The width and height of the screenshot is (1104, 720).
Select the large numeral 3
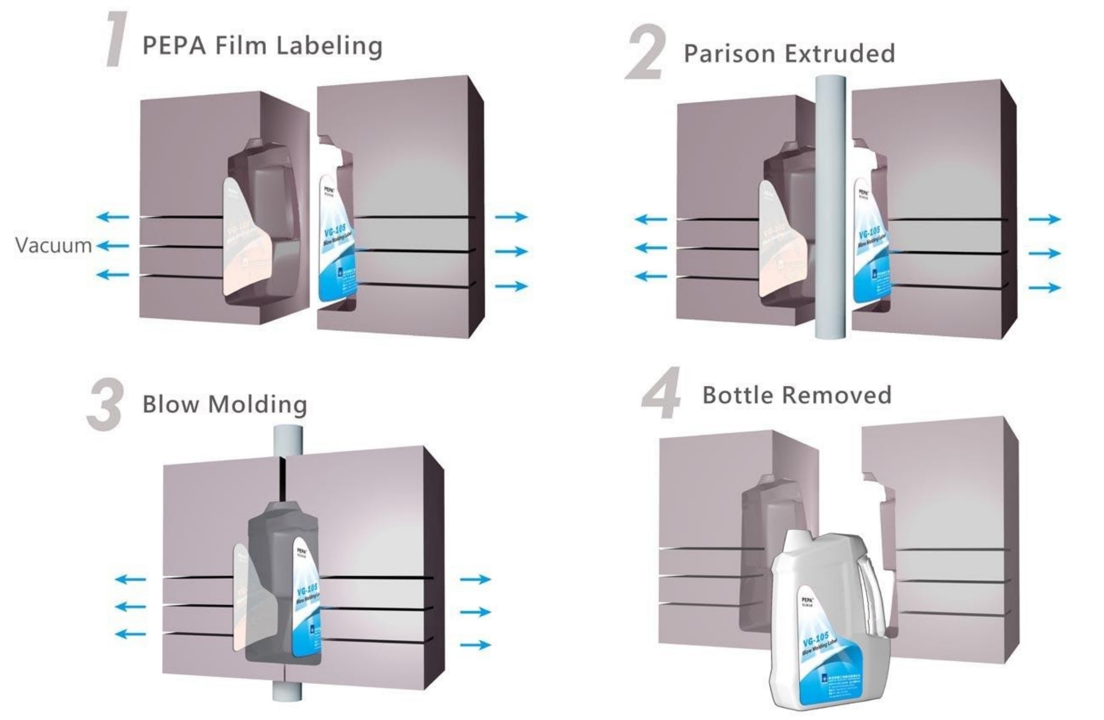tap(105, 405)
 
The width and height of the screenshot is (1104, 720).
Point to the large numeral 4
tap(662, 393)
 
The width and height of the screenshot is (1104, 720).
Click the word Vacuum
tap(53, 245)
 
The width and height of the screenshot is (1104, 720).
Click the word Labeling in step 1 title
tap(329, 47)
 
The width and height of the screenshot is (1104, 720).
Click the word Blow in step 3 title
tap(170, 404)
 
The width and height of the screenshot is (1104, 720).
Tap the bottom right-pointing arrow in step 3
tap(475, 645)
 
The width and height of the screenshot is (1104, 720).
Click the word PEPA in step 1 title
tap(175, 47)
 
